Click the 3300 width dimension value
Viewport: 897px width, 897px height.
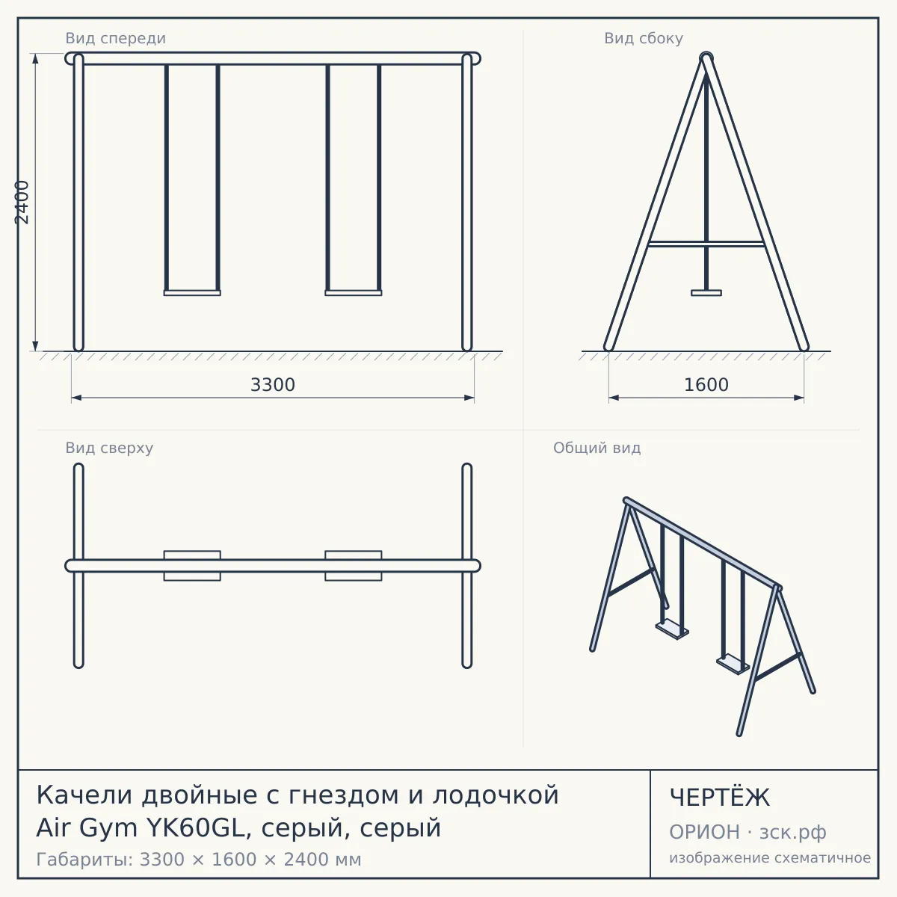point(273,385)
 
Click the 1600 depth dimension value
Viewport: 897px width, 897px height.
point(706,385)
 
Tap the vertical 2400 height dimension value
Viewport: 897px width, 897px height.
point(22,203)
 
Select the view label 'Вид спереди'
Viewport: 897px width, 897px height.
point(115,38)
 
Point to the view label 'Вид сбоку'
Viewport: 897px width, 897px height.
point(644,38)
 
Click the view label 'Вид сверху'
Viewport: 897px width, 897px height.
point(109,448)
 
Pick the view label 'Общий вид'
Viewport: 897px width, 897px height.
point(597,448)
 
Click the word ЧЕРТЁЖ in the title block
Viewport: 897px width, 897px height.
point(720,798)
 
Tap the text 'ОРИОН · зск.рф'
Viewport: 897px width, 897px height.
point(747,832)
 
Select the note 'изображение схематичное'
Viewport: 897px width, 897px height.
point(770,858)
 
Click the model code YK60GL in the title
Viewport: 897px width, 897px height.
point(196,828)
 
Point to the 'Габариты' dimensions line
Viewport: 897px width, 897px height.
point(199,860)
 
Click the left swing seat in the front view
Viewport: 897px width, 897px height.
point(192,293)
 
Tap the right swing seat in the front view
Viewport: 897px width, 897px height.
point(354,293)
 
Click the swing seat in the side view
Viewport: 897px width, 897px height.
point(706,293)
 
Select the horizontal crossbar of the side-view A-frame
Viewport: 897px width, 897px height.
point(706,244)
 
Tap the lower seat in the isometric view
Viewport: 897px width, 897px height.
point(733,665)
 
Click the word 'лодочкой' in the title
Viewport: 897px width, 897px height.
point(496,795)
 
